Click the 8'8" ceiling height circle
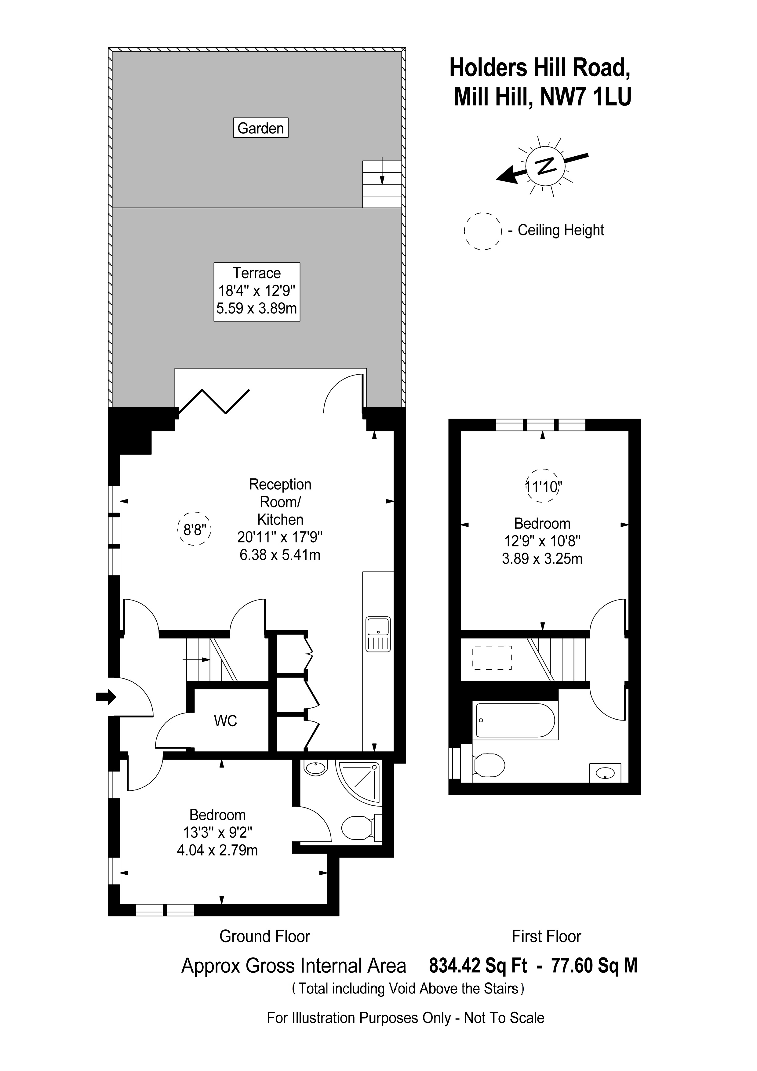click(x=195, y=529)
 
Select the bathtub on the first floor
click(x=515, y=720)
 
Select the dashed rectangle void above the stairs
click(x=492, y=658)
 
